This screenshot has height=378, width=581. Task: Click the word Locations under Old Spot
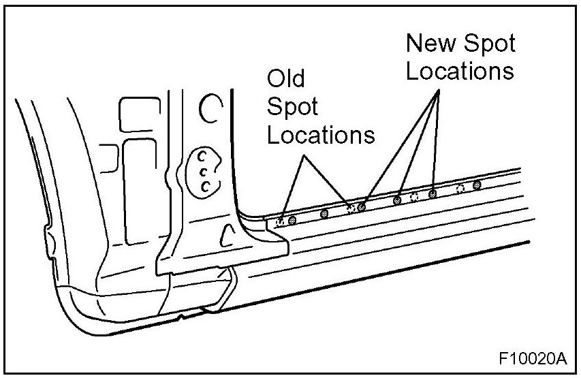tap(320, 134)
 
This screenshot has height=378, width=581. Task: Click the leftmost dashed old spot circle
tap(281, 221)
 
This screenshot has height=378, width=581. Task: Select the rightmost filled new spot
tap(476, 185)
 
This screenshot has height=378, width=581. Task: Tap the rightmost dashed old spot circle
tap(460, 188)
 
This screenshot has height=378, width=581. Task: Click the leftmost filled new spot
tap(292, 219)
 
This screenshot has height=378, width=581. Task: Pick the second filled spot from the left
tap(325, 213)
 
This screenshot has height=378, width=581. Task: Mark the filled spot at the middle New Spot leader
tap(397, 200)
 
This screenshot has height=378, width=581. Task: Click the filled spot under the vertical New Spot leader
tap(433, 194)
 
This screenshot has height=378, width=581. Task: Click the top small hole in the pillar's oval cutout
tap(202, 156)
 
